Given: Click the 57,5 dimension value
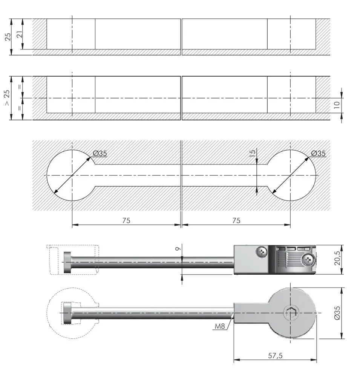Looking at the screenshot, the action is (275, 355).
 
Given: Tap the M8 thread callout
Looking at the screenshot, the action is (220, 326).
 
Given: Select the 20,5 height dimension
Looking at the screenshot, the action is (337, 258).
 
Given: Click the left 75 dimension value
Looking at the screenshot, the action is (126, 221).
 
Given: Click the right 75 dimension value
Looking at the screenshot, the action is (236, 221).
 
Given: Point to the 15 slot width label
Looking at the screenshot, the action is (252, 153).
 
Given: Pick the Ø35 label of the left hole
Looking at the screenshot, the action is (100, 154).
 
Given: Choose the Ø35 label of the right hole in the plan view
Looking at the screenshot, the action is (319, 154).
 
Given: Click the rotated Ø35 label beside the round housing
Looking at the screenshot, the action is (337, 313).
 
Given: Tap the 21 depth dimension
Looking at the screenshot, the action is (19, 34).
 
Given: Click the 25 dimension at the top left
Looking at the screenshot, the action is (8, 37).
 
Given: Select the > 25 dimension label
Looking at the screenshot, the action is (7, 98).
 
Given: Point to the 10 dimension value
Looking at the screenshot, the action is (337, 105).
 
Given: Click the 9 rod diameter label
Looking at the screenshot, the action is (178, 249).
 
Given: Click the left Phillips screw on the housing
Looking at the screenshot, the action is (262, 252).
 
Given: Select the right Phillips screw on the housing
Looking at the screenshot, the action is (308, 259).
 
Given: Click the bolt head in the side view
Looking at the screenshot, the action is (67, 262).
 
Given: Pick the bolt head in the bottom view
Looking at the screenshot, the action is (67, 313).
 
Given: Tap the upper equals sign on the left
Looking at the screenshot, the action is (20, 87).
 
